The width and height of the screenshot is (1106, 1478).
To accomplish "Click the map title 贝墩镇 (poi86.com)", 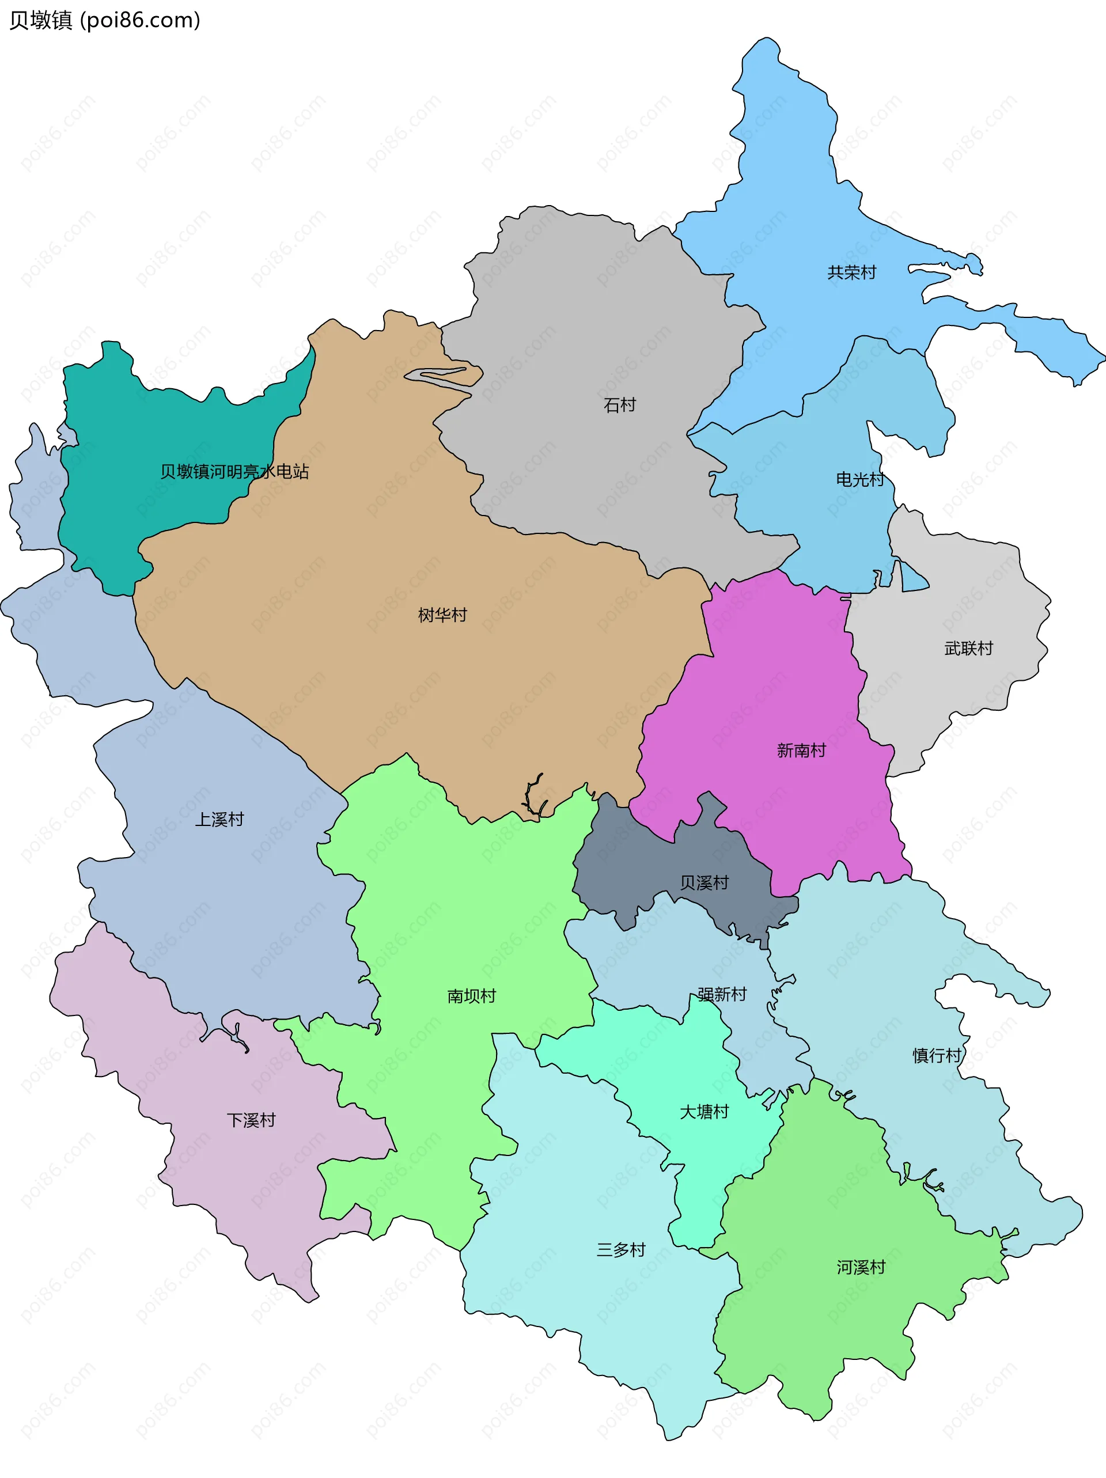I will (x=105, y=21).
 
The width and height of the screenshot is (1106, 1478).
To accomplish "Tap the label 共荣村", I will (x=851, y=272).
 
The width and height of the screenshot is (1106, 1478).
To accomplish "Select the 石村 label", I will (x=619, y=405).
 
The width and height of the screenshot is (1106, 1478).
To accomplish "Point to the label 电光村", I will (x=860, y=479).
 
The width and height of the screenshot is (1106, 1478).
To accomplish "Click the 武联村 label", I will (x=968, y=648).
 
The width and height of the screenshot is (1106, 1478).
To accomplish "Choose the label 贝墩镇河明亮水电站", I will (x=234, y=472).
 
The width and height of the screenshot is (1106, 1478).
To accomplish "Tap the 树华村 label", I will (x=442, y=615).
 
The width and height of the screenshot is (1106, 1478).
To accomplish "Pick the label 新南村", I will (x=801, y=751).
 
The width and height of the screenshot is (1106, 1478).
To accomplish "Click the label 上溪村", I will (x=219, y=819).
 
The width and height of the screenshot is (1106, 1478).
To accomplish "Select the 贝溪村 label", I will (x=704, y=882).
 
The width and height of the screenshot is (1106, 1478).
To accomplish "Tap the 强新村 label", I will (x=722, y=994).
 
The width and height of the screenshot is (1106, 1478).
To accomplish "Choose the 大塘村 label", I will (x=704, y=1112).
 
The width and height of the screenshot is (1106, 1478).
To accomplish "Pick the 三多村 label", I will (x=621, y=1250).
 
